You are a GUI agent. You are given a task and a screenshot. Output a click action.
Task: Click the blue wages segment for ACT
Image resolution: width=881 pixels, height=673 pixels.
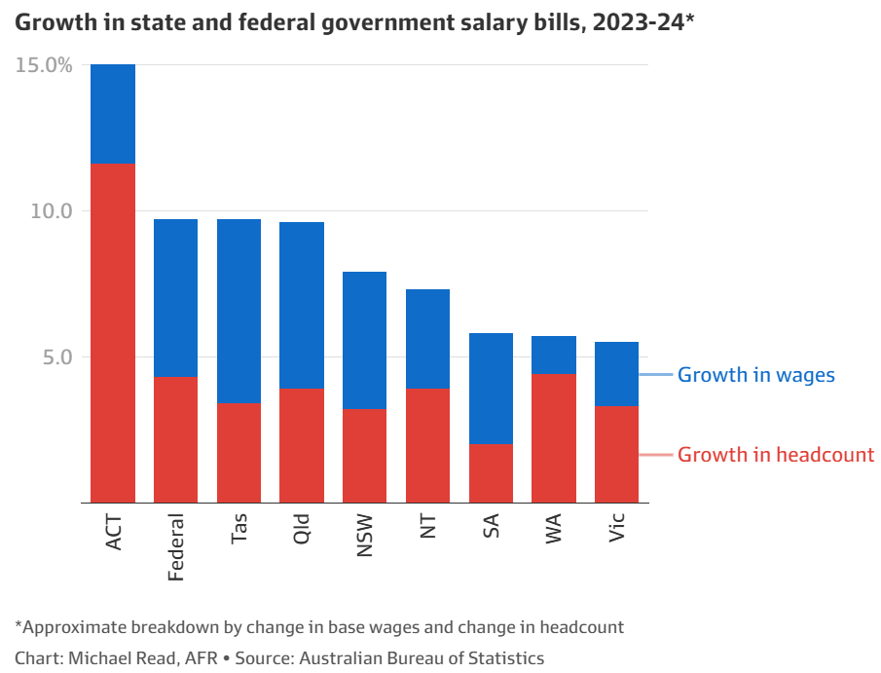tap(113, 114)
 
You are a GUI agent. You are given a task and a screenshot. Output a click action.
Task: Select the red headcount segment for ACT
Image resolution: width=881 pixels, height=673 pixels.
tap(113, 332)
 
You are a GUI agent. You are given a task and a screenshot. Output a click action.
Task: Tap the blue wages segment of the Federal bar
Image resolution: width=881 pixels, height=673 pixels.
tap(176, 298)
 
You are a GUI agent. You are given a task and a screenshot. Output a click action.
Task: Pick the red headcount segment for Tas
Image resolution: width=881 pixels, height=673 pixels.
tap(239, 452)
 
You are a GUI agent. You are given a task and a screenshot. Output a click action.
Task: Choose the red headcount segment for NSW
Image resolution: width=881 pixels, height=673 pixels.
tap(364, 455)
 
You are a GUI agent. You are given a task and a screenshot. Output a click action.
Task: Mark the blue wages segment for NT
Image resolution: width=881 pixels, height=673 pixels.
tap(427, 339)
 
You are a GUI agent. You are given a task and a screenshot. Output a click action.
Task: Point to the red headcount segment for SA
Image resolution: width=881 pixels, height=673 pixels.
tap(491, 472)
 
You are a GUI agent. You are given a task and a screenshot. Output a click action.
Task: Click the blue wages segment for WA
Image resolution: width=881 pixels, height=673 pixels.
tap(554, 355)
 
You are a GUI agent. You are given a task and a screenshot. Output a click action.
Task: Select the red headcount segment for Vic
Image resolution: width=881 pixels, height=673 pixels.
tap(616, 454)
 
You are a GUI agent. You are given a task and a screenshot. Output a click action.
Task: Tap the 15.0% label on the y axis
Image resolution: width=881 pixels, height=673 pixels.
tap(44, 65)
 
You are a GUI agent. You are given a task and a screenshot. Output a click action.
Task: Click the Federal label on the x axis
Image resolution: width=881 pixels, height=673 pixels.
tap(176, 546)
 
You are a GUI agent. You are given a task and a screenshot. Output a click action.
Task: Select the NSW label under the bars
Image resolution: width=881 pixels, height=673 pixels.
tap(365, 536)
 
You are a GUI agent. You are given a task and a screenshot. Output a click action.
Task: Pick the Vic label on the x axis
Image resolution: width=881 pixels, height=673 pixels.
tap(616, 527)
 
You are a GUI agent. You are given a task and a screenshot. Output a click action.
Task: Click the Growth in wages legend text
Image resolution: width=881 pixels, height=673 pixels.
tap(755, 375)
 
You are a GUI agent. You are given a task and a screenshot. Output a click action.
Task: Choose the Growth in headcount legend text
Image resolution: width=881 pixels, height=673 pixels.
tap(775, 455)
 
